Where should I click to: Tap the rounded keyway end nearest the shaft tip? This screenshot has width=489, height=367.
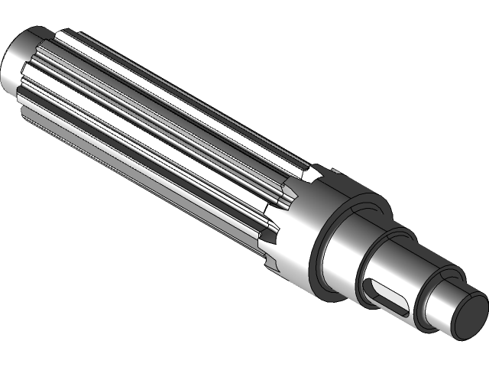[x=402, y=308]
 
